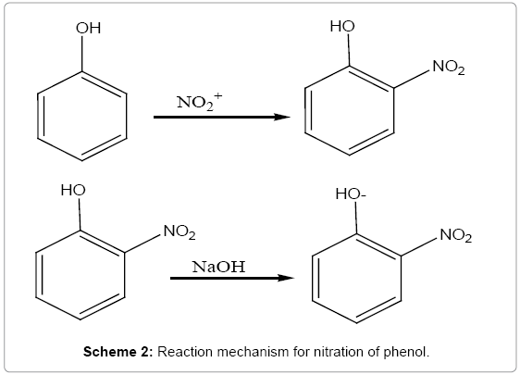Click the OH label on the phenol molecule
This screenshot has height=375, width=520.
coord(88,29)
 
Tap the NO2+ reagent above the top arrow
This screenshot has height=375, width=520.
coord(199,102)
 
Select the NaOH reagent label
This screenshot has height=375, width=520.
coord(219,267)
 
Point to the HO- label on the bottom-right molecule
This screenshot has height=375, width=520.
coord(351,194)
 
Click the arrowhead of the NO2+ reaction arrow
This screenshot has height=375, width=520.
coord(282,117)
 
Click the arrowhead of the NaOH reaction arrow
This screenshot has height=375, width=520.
coord(286,278)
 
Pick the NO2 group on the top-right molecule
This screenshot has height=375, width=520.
coord(449,68)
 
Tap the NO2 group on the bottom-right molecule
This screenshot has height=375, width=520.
coord(456,235)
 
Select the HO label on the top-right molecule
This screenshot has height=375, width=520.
coord(342,26)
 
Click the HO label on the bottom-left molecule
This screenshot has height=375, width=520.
coord(73,191)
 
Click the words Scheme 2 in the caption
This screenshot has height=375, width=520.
coord(118,352)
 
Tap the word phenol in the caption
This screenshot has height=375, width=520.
coord(406,352)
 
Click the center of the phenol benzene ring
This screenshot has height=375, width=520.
coord(82,116)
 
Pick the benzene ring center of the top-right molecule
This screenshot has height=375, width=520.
coord(350,110)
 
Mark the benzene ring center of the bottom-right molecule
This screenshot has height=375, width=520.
coord(357,279)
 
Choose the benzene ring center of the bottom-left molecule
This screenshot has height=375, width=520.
coord(80,275)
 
